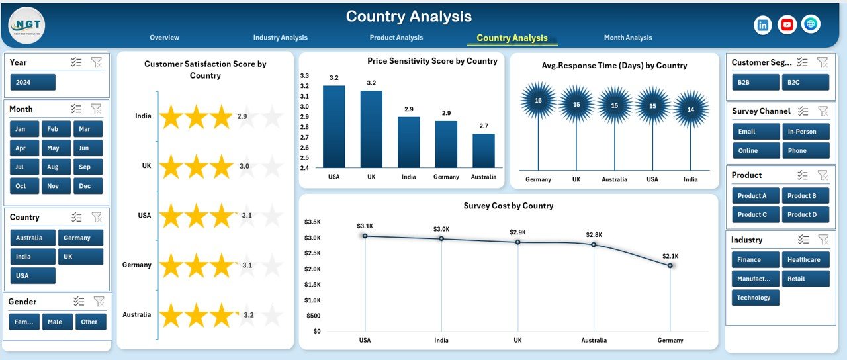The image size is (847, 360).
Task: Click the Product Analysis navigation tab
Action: coord(396,38)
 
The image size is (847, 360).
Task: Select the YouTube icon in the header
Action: coord(787,25)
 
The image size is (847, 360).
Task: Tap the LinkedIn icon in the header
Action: coord(763,25)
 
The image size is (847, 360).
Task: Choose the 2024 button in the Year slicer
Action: coord(33,83)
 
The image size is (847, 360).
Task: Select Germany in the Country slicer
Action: coord(80,238)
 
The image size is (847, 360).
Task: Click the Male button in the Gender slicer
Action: coord(57,322)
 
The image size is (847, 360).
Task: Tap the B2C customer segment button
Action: coord(805,82)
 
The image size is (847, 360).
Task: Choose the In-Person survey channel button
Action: coord(805,132)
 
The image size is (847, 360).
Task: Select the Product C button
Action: coord(755,214)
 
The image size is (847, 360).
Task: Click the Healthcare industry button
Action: coord(805,260)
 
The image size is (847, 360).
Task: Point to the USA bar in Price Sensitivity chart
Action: coord(334,126)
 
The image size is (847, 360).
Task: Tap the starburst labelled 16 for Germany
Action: coord(538,101)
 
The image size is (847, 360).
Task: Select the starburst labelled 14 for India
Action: coord(690,109)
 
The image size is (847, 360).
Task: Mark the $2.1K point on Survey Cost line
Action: coord(670,265)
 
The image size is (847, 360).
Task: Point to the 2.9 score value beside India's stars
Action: coord(243,116)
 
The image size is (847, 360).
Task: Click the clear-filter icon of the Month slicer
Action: coord(96,109)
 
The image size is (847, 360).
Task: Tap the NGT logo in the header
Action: coord(27,25)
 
